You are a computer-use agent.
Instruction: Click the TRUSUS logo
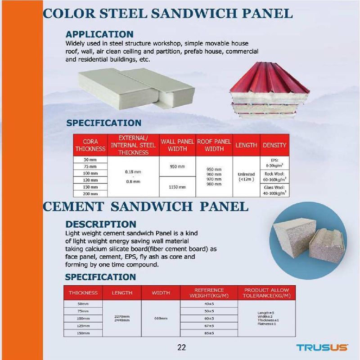pyautogui.click(x=322, y=347)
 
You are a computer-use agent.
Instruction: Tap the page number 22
pyautogui.click(x=182, y=347)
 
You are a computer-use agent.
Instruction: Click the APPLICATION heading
pyautogui.click(x=99, y=34)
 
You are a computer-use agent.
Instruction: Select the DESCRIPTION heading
pyautogui.click(x=101, y=224)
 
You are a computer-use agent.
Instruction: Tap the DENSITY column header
pyautogui.click(x=274, y=145)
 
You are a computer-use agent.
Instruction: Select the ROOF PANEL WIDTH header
pyautogui.click(x=214, y=145)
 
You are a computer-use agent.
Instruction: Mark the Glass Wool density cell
pyautogui.click(x=274, y=190)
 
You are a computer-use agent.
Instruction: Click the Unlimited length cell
pyautogui.click(x=246, y=176)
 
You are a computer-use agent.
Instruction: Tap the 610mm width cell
pyautogui.click(x=161, y=319)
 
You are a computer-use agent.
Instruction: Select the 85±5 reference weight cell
pyautogui.click(x=209, y=333)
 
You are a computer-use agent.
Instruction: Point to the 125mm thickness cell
pyautogui.click(x=83, y=326)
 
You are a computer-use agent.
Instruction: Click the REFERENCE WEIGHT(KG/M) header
pyautogui.click(x=209, y=292)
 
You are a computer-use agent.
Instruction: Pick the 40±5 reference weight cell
pyautogui.click(x=209, y=304)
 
